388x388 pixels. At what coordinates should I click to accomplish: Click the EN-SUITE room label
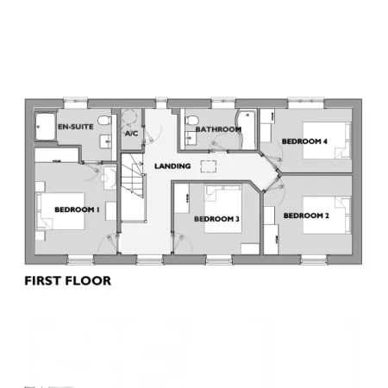(76, 127)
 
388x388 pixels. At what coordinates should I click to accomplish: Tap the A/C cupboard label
(131, 134)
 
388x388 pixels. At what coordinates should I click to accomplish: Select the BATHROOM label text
(218, 129)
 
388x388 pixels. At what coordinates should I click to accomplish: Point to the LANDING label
(172, 166)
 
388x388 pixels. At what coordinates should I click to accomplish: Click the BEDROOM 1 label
(77, 210)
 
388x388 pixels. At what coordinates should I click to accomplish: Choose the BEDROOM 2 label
(306, 216)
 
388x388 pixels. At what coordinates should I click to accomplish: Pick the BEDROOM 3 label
(216, 219)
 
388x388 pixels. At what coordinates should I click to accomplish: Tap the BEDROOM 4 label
(304, 141)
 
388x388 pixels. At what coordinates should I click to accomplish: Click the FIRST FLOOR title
(68, 281)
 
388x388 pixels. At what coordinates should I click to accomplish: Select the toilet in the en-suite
(105, 120)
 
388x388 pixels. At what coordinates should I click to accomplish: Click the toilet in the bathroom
(191, 120)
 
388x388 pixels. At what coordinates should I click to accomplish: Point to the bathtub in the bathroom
(246, 129)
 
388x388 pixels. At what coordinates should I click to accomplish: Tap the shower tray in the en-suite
(46, 127)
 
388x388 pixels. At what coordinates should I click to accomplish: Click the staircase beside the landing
(132, 187)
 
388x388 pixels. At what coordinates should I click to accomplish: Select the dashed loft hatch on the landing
(209, 166)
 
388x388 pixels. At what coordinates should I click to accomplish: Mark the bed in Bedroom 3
(223, 209)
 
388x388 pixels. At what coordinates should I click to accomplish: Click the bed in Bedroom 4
(327, 141)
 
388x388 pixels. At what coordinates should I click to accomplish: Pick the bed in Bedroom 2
(327, 215)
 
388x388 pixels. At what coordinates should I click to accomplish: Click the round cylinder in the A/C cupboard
(128, 117)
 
